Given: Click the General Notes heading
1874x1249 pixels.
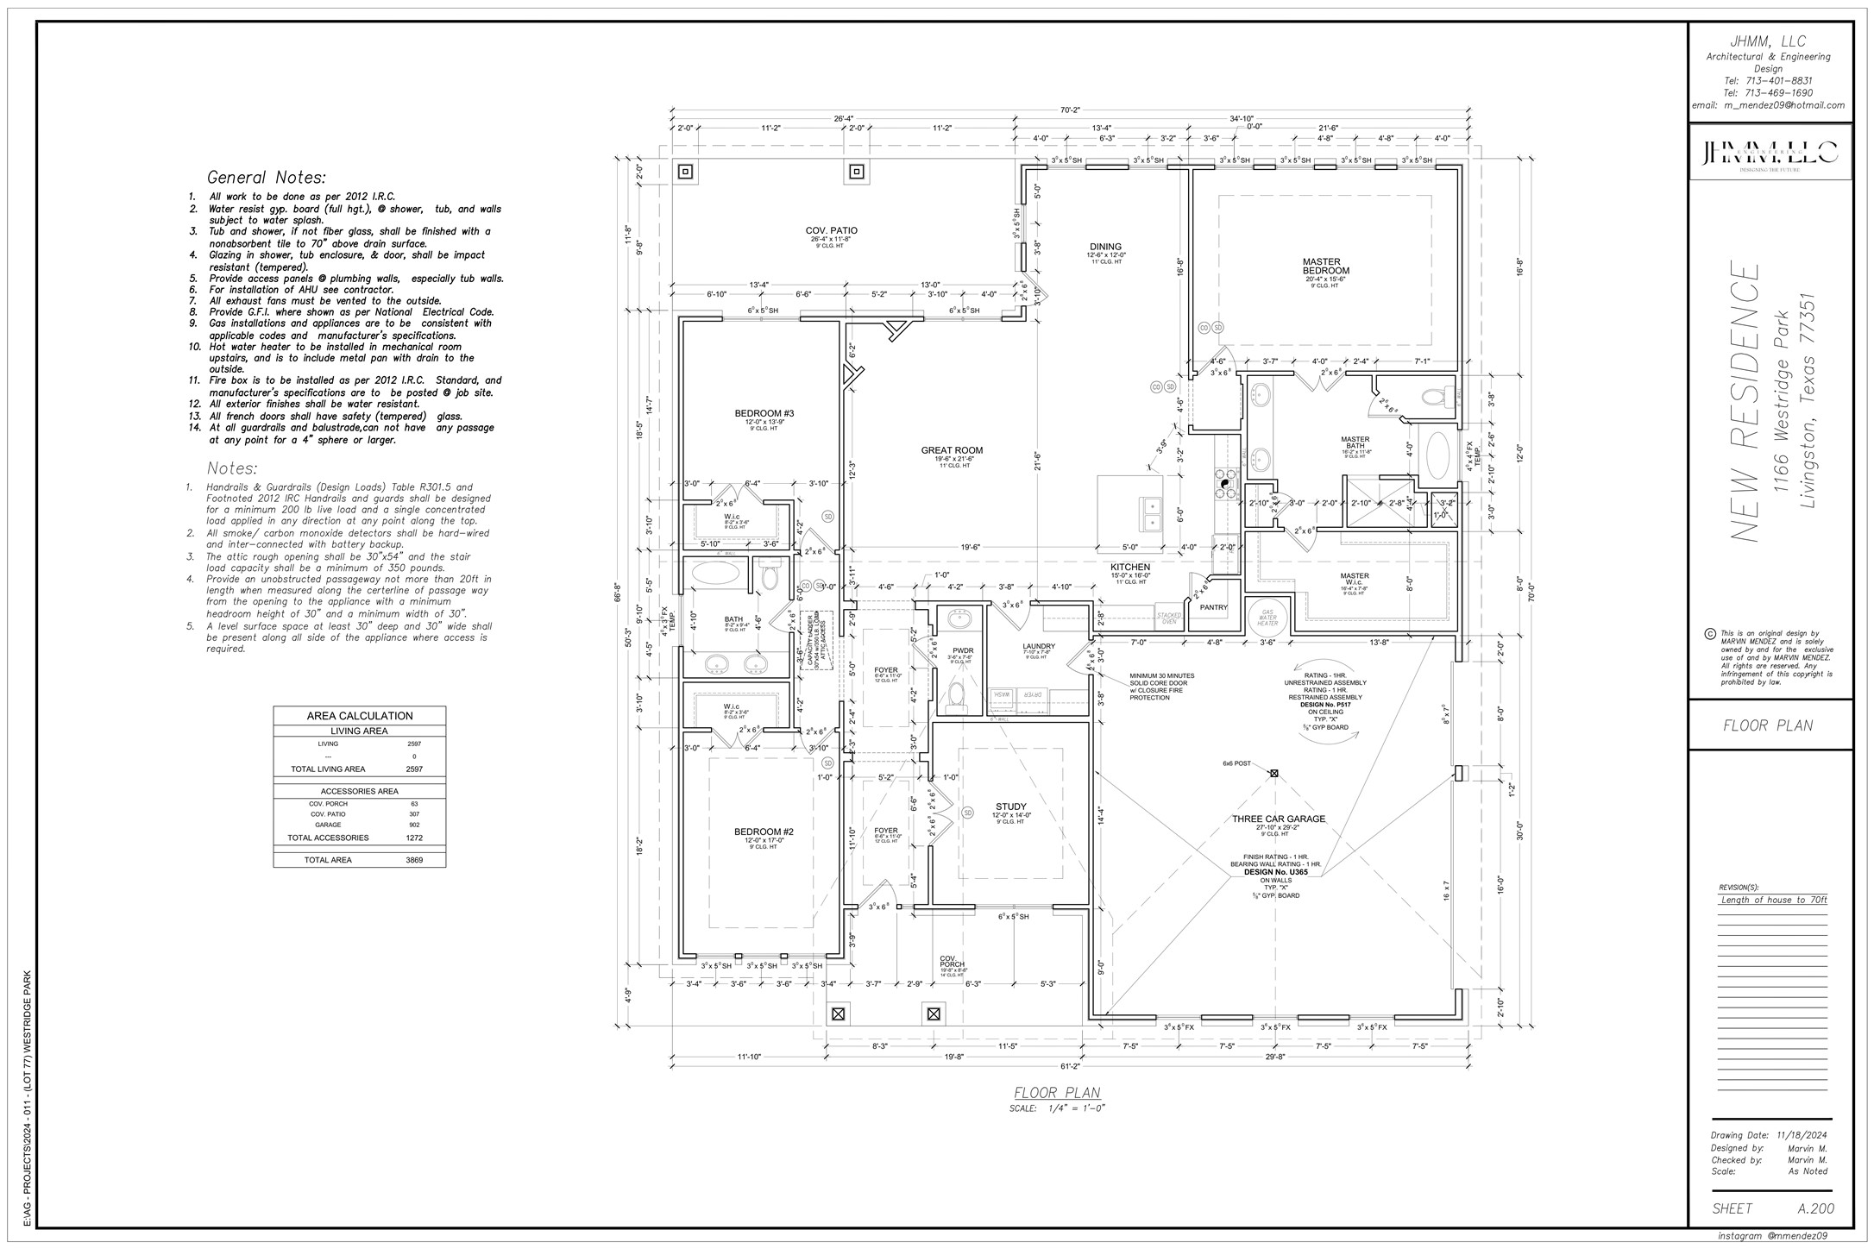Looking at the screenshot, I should [267, 178].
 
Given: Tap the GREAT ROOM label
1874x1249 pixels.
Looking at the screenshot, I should [952, 450].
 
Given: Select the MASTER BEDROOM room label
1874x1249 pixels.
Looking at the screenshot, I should [1321, 267].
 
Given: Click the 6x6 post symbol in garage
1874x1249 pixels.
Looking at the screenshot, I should [1273, 774].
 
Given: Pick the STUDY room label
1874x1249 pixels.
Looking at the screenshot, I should [1010, 807].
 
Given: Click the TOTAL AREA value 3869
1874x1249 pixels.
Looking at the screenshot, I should [414, 860].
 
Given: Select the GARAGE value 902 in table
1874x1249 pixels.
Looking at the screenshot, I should [414, 825].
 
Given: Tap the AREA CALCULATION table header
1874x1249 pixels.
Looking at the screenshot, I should [360, 716].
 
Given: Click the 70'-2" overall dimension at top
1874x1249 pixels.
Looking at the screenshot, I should [1070, 110].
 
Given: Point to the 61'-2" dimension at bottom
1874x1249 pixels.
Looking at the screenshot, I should [1070, 1067].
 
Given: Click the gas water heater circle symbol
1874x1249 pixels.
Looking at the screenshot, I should [1268, 618].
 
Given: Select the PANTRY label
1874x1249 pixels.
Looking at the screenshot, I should [1213, 607].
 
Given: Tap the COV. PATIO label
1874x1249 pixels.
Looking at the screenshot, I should [832, 230].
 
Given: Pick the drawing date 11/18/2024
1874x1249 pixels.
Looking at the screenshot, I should [1802, 1135].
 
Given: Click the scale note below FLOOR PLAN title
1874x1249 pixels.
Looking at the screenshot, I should [1058, 1108].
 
